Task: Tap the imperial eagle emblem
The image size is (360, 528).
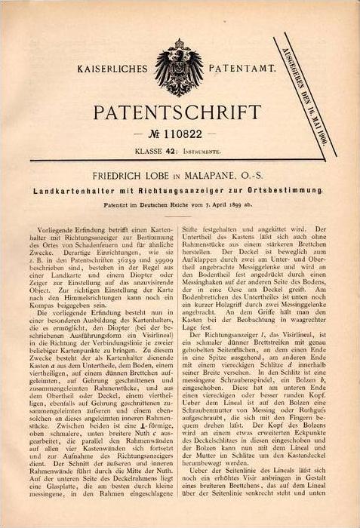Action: pos(179,70)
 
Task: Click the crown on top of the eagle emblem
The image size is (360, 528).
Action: pos(179,46)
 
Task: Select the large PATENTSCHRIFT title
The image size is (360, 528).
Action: pos(180,111)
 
